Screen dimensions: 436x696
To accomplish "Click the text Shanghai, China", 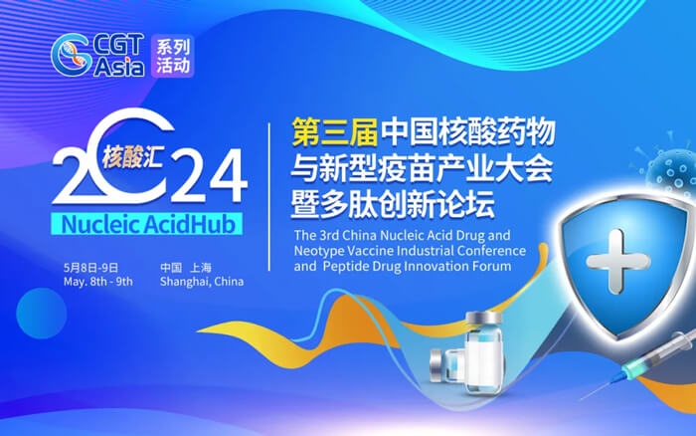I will point(202,282).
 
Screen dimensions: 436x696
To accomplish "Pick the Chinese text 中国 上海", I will point(189,268).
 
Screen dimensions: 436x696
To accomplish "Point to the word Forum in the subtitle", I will point(489,267).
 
